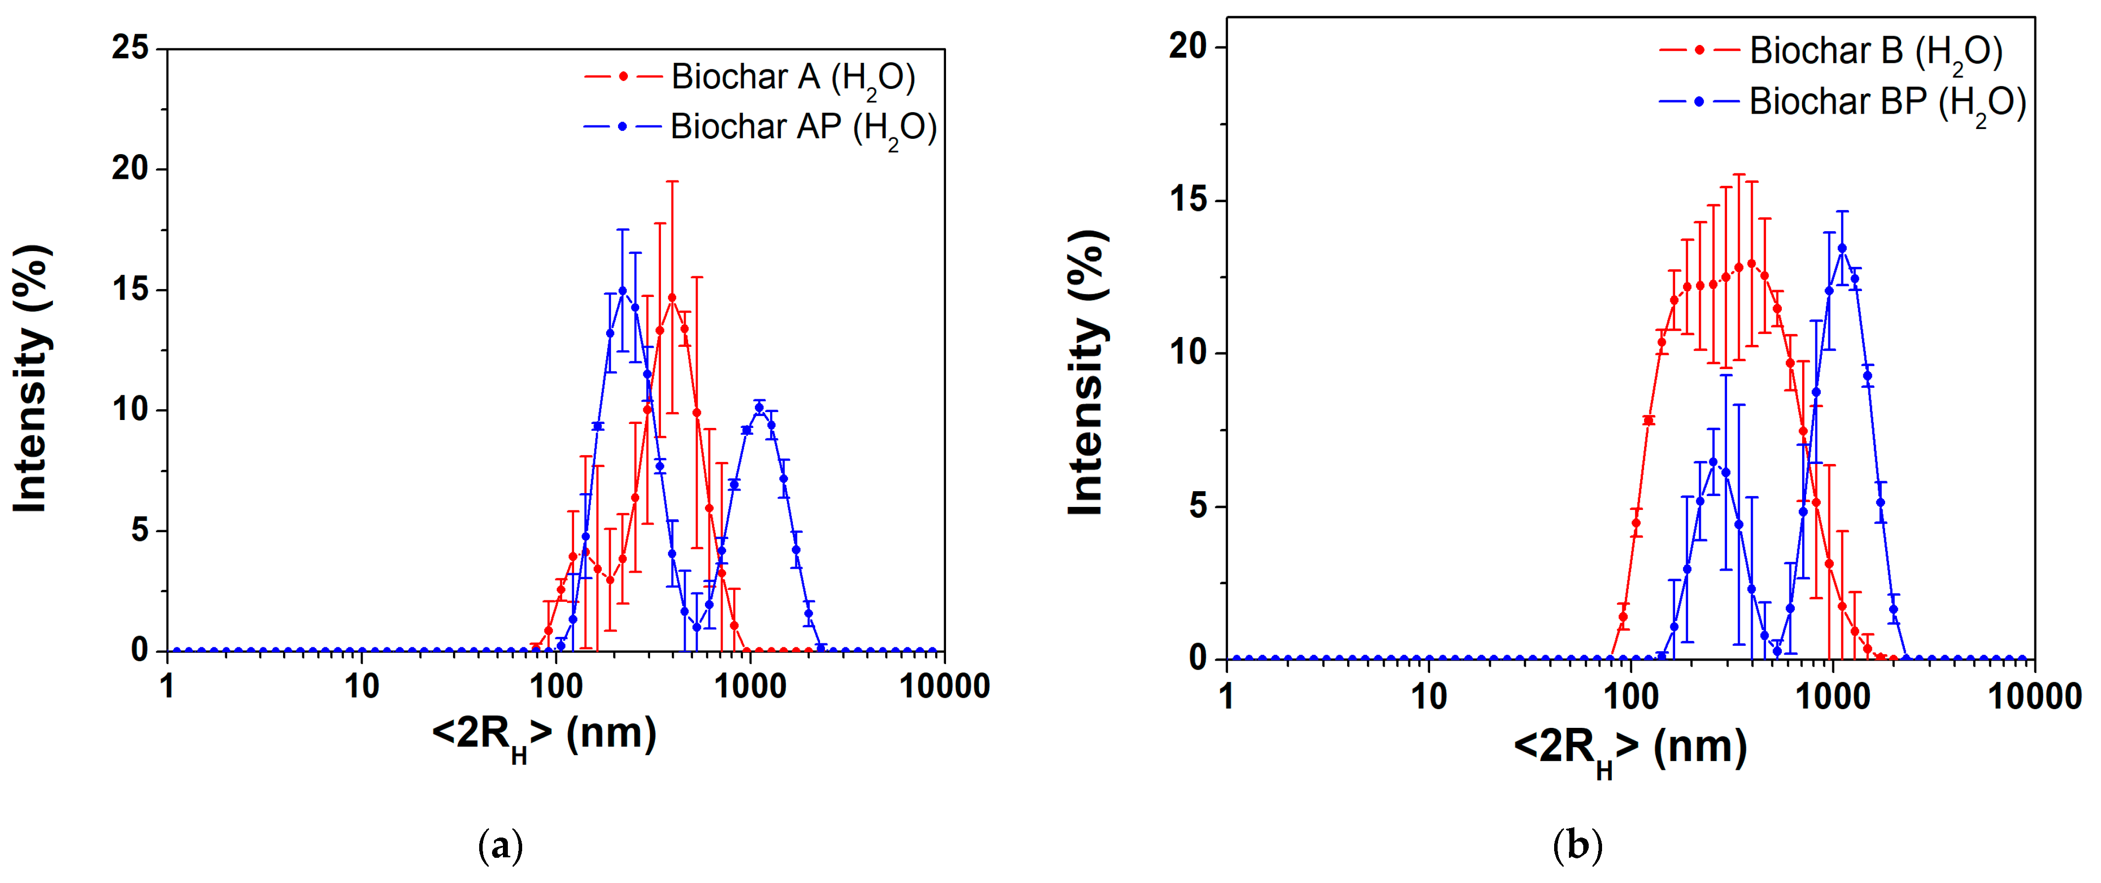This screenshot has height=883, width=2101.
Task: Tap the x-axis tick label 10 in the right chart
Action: (1428, 697)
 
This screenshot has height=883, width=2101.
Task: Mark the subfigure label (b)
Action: (1577, 845)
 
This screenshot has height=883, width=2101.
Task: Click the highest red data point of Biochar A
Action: (671, 298)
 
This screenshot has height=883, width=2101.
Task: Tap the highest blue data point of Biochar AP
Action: (622, 291)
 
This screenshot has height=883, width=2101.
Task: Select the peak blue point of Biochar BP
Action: (1842, 248)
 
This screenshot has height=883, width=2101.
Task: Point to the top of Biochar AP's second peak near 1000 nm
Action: (759, 407)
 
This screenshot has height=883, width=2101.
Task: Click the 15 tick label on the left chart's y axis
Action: (130, 290)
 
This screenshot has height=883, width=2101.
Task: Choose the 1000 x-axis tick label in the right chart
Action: (1833, 697)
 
